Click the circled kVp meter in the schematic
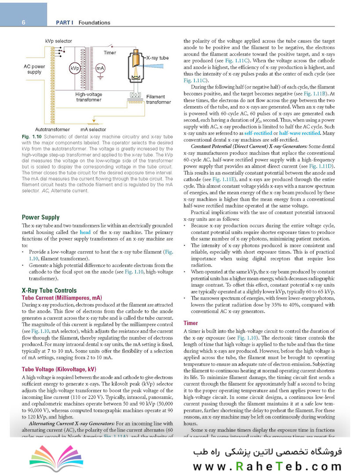point(74,69)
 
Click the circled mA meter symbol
point(100,69)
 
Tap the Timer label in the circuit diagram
point(110,53)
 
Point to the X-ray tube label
point(157,58)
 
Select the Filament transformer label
point(158,99)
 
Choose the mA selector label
point(93,130)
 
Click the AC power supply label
point(34,69)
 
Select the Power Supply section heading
point(40,217)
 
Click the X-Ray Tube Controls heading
point(49,290)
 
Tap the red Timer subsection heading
point(191,323)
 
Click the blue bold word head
point(85,232)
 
